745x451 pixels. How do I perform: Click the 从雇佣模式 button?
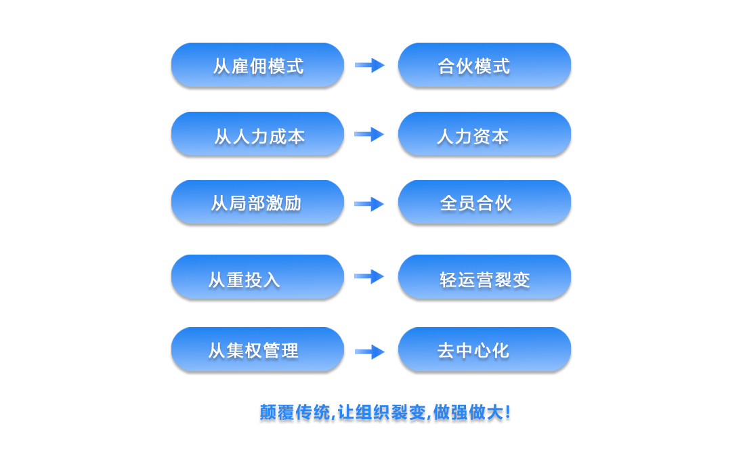pos(257,66)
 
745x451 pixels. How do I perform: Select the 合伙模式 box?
pos(484,66)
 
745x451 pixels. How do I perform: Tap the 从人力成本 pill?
pos(257,135)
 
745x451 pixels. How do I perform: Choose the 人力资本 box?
pos(484,135)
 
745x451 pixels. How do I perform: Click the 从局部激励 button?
pos(257,203)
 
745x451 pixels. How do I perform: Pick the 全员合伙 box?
pos(484,203)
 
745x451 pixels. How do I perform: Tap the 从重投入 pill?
pos(257,278)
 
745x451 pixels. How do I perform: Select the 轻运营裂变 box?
pos(484,278)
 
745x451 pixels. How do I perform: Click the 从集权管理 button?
pos(257,350)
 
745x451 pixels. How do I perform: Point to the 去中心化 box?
pos(484,350)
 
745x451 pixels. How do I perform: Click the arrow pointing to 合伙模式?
pos(370,65)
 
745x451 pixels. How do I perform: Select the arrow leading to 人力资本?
pos(370,135)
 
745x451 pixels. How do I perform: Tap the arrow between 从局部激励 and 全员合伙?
pos(370,204)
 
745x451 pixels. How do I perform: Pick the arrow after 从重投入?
pos(370,276)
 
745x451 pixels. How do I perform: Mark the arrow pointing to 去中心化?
pos(370,351)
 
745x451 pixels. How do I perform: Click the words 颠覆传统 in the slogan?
pos(295,413)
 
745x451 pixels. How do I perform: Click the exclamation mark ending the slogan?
pos(507,413)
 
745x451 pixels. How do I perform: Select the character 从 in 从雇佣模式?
pos(221,66)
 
